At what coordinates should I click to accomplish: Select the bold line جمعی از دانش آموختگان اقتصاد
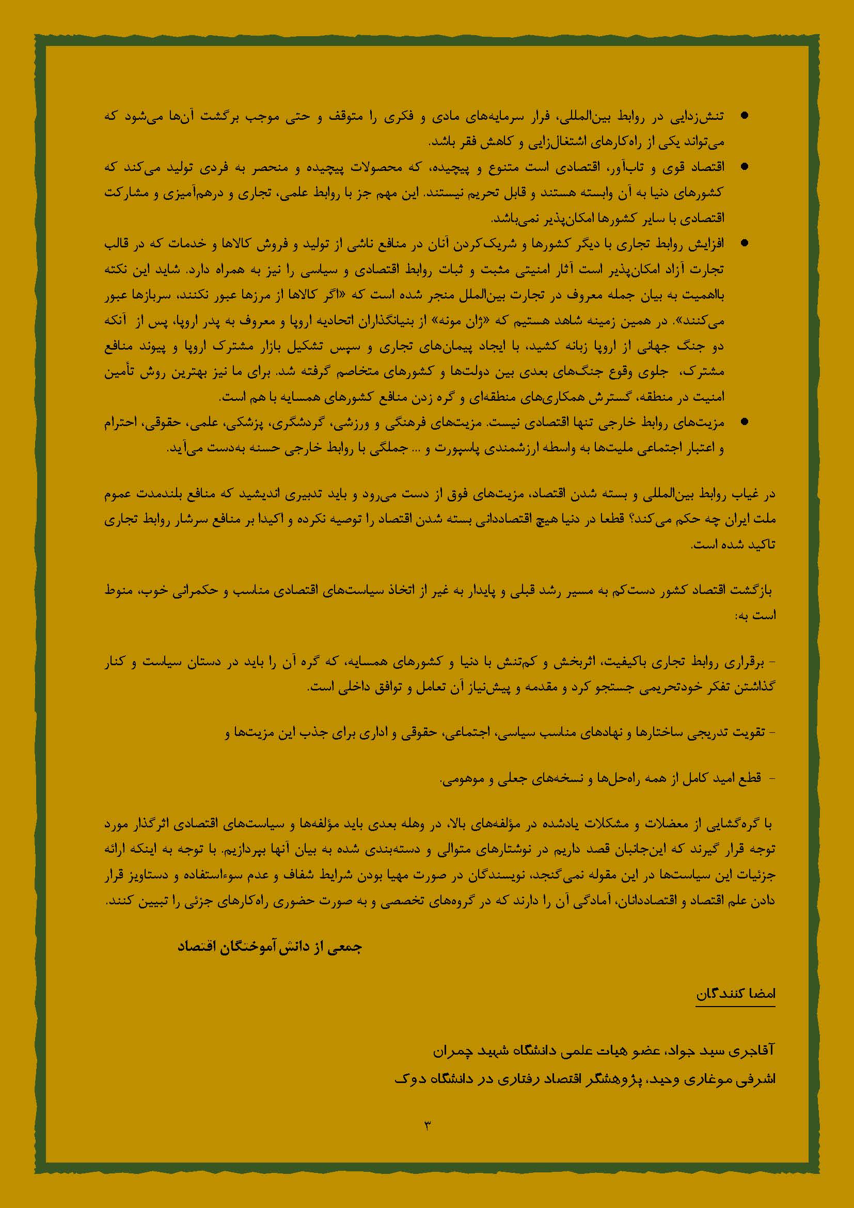(x=270, y=948)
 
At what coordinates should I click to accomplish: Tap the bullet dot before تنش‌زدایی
(x=744, y=117)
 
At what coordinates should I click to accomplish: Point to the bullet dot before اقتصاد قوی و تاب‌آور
(x=744, y=167)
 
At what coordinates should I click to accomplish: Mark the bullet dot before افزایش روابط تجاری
(x=744, y=243)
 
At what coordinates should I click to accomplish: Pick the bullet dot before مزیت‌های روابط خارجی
(x=744, y=422)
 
